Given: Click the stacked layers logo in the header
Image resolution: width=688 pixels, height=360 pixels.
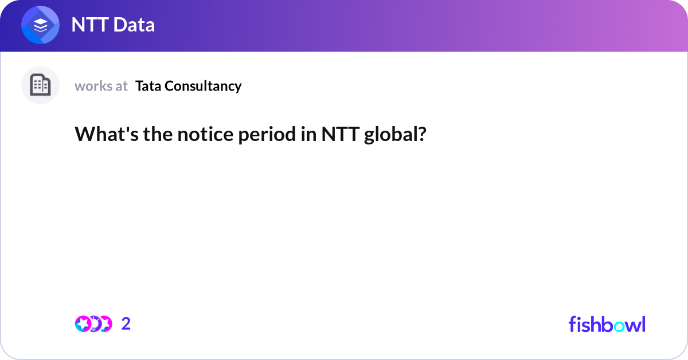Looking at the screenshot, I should click(x=40, y=26).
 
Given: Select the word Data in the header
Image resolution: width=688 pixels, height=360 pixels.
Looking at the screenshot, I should click(x=136, y=25).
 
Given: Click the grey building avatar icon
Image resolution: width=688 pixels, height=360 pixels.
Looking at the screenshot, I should click(x=40, y=85).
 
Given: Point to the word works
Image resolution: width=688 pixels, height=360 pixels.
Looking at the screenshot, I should click(x=93, y=86).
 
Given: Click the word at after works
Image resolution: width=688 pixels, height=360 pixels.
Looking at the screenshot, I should click(x=121, y=86).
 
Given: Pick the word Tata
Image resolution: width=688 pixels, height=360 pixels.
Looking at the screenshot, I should click(x=148, y=86).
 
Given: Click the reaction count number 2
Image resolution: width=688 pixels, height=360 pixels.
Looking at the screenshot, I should click(x=126, y=324).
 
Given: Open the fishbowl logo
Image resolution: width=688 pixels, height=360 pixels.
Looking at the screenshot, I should click(x=607, y=324).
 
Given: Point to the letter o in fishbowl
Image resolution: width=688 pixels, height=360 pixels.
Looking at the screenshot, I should click(x=617, y=325).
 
